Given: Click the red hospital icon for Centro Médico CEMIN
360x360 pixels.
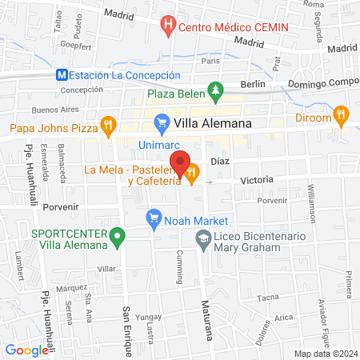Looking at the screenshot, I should coord(168,26).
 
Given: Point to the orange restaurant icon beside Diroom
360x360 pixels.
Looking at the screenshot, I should coord(342,114).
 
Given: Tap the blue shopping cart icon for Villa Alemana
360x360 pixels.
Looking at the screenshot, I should coord(161,123).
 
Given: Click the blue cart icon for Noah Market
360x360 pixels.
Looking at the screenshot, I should coord(152,218).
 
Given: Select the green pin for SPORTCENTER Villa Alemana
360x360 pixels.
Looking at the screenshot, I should coord(118,237).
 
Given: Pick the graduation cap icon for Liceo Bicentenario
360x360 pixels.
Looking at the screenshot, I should coord(204,238).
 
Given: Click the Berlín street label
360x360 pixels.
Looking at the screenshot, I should coord(253,84).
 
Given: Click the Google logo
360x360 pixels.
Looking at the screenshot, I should coord(26,350).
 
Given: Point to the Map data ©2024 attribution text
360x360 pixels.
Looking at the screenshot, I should coord(325,353).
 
